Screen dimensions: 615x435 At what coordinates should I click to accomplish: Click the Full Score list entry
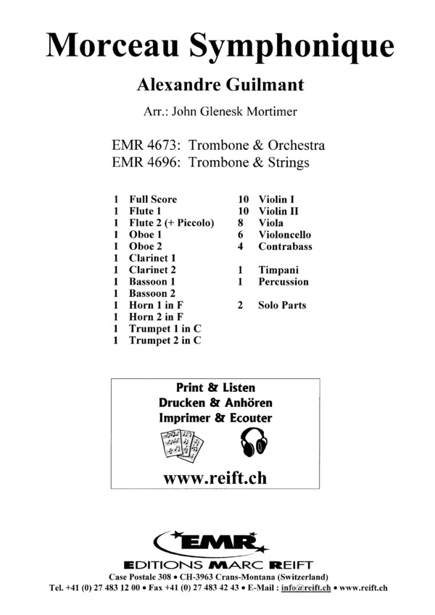point(153,199)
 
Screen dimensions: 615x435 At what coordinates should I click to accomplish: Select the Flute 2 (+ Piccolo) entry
point(172,223)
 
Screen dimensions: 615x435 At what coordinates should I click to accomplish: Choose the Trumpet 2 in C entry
point(165,340)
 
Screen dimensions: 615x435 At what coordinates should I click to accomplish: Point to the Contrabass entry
point(285,246)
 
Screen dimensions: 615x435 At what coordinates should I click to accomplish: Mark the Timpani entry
point(278,269)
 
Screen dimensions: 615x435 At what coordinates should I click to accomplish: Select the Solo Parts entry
point(282,305)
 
